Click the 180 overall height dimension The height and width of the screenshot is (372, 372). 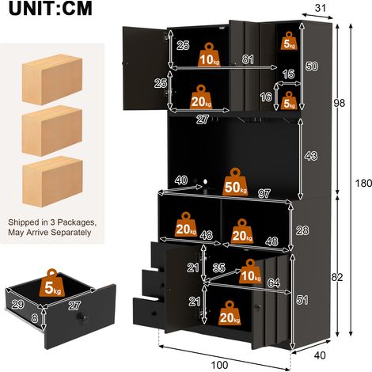pos(363,183)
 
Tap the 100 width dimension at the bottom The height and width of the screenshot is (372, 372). pos(220,365)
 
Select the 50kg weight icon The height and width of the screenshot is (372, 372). pos(235,182)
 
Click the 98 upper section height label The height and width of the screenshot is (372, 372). pos(339,103)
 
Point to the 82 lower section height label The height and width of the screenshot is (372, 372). pos(337,277)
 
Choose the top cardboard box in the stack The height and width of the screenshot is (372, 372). pos(52,79)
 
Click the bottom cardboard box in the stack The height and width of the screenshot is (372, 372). pos(52,181)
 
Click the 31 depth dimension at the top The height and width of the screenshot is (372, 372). pos(321,8)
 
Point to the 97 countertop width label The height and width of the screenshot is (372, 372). pos(264,194)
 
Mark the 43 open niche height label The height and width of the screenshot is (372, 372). pos(311,156)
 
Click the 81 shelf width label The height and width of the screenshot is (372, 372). pos(248,59)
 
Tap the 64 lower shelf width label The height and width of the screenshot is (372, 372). pos(274,283)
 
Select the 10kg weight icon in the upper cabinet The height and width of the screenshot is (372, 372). pos(209,55)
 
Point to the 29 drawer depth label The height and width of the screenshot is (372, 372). pos(18,305)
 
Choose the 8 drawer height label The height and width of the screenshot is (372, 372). pos(35,318)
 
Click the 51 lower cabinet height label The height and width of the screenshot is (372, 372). pos(302,300)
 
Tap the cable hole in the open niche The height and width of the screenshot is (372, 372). pos(205,181)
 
